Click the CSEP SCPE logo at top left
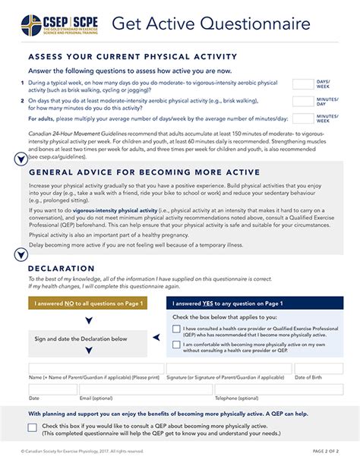coord(58,24)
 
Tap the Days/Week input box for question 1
coord(302,84)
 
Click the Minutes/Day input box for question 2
coord(302,101)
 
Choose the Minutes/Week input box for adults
coord(302,118)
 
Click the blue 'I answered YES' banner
coord(254,304)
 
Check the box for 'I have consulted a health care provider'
coord(176,329)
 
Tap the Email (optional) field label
coord(96,398)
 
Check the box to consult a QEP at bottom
coord(33,427)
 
